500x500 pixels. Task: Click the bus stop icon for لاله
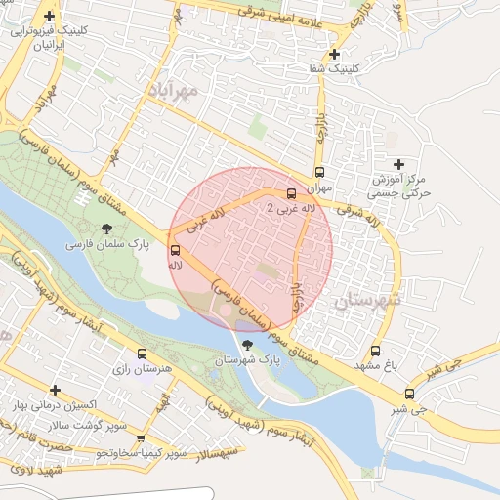click(x=175, y=250)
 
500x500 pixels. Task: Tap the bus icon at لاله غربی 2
click(x=291, y=192)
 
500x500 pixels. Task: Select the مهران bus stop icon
click(x=318, y=167)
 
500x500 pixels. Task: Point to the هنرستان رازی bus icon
click(x=143, y=354)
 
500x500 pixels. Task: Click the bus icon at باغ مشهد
click(x=375, y=352)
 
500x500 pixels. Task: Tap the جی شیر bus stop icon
click(x=409, y=395)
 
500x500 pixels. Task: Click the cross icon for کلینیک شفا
click(x=335, y=54)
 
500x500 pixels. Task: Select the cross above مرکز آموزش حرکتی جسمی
click(x=396, y=164)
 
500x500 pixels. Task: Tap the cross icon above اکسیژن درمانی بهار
click(x=55, y=390)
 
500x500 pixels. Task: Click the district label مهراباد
click(x=173, y=89)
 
